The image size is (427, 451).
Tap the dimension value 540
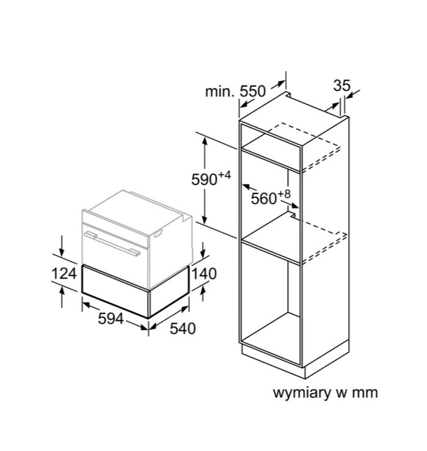(x=183, y=329)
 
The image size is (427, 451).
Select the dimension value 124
(x=64, y=274)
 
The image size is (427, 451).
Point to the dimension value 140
(x=204, y=274)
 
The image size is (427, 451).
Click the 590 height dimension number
(x=204, y=180)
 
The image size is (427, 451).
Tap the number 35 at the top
(x=341, y=86)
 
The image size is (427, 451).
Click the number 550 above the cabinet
(x=252, y=92)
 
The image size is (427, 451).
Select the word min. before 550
(x=219, y=92)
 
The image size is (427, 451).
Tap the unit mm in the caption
(x=365, y=392)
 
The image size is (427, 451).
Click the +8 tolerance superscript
(x=284, y=194)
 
